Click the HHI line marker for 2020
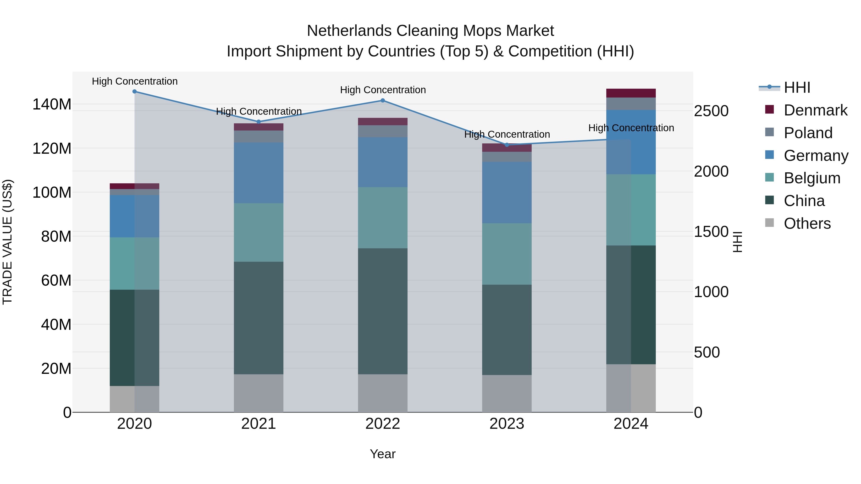coord(134,92)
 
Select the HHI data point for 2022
coord(383,101)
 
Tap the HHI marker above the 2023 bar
coord(507,145)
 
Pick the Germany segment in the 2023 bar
coord(507,192)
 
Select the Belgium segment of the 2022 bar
coord(383,218)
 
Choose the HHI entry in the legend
coord(797,87)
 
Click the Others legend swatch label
coord(807,223)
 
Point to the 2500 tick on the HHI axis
coord(711,111)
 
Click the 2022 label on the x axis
coord(383,424)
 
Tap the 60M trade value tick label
coord(56,280)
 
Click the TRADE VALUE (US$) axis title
coord(7,242)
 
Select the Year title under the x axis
coord(383,454)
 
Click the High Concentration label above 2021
coord(259,111)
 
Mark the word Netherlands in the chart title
coord(349,31)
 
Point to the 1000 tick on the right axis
coord(711,292)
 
